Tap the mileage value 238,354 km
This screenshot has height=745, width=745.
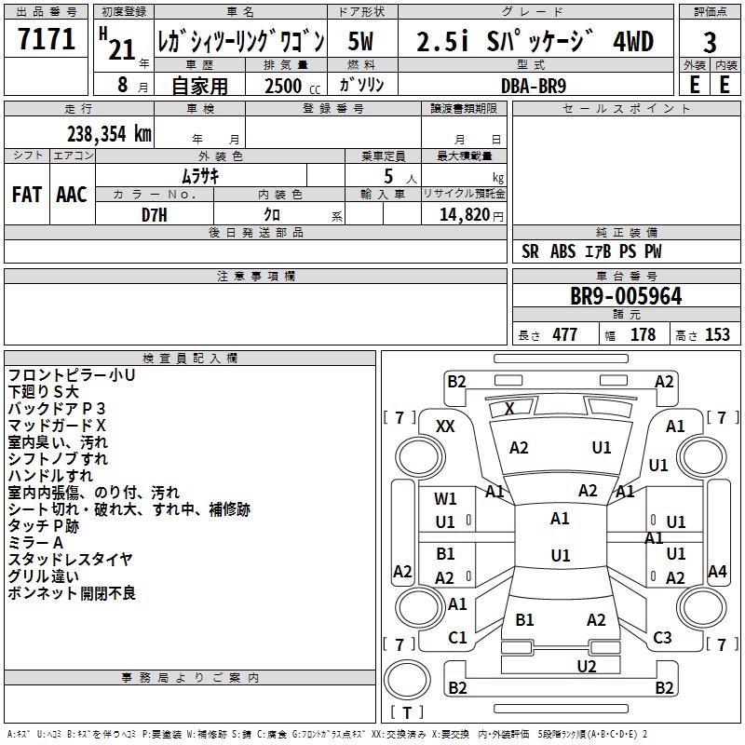coord(109,133)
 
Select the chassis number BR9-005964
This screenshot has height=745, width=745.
coord(626,297)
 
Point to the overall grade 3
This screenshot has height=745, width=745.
coord(710,43)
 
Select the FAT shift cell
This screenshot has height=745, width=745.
coord(27,195)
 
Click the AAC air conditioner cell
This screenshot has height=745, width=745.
coord(71,195)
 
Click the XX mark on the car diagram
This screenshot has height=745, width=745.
coord(445,426)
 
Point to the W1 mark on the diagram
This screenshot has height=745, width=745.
coord(445,499)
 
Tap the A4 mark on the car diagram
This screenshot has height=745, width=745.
coord(717,572)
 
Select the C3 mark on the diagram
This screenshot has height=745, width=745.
coord(662,638)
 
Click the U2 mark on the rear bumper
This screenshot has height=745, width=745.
coord(586,666)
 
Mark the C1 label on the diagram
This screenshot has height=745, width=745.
coord(457,638)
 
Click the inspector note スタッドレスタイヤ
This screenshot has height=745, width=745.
coord(71,560)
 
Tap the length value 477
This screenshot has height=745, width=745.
coord(564,335)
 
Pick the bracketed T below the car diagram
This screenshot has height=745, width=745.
coord(406,713)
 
